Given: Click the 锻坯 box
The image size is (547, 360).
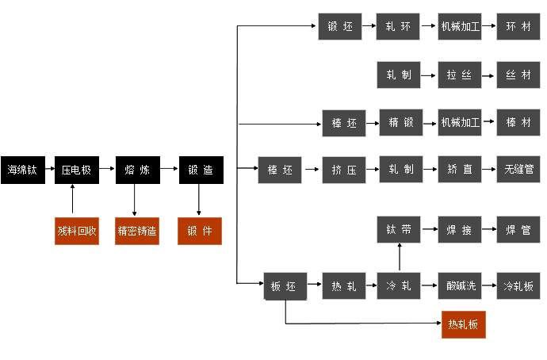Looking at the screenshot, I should (x=340, y=26).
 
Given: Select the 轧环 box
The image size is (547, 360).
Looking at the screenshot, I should (x=399, y=26).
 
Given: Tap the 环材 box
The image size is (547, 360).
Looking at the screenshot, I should (x=518, y=26).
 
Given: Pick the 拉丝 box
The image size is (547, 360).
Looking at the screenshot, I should (x=460, y=75).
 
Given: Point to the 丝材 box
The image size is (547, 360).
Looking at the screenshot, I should (x=518, y=75).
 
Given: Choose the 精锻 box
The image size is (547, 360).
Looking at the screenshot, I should (x=401, y=123).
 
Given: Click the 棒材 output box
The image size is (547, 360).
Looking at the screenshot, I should (x=518, y=123).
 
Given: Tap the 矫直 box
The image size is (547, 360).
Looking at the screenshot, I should (x=460, y=170).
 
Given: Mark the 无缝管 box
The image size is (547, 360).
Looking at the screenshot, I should (x=518, y=170).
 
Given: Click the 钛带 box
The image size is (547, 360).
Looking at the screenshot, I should (x=399, y=231).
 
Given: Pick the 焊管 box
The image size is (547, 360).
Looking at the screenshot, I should (x=518, y=231).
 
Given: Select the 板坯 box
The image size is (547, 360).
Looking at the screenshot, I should (x=284, y=286).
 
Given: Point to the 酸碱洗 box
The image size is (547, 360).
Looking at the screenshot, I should (x=460, y=286).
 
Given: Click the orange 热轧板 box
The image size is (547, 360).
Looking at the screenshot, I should (x=463, y=324).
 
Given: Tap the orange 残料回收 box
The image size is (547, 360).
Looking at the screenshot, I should (x=77, y=231).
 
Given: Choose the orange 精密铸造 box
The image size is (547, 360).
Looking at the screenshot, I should (x=137, y=231).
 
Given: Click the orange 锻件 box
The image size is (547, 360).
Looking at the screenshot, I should (x=199, y=231).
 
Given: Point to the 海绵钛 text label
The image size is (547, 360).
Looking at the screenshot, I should (x=22, y=170).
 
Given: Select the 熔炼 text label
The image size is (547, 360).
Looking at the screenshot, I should (x=137, y=170).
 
